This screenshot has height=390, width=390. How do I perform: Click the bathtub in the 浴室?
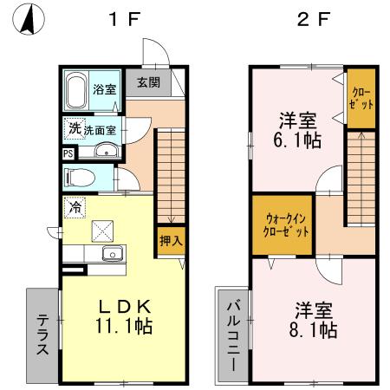click(x=78, y=89)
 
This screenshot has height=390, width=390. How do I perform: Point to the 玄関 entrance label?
click(x=148, y=83)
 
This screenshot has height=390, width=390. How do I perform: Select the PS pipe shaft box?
click(x=68, y=153)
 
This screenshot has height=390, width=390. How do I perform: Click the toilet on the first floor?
click(x=80, y=179)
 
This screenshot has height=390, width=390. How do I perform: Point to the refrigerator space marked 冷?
click(x=76, y=208)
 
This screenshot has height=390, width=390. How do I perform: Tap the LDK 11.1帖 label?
click(x=125, y=316)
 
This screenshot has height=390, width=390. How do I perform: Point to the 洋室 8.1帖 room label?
click(x=314, y=321)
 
